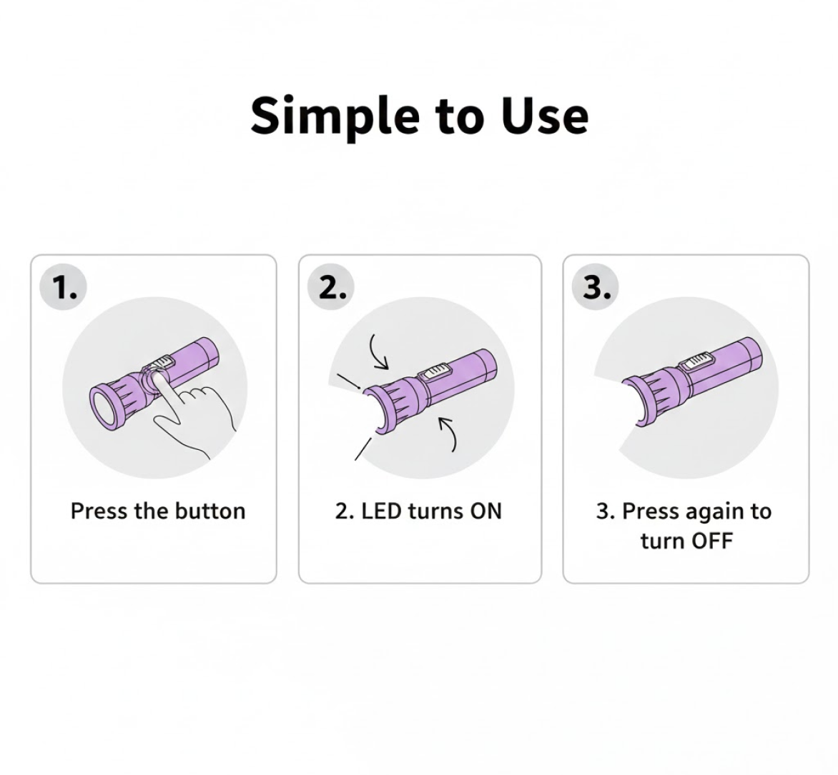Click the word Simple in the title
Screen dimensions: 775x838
pyautogui.click(x=334, y=116)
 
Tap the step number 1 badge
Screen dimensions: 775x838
pyautogui.click(x=63, y=288)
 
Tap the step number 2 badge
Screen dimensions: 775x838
pyautogui.click(x=331, y=288)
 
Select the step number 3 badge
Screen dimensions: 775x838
pyautogui.click(x=596, y=288)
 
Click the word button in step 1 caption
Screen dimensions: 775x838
pyautogui.click(x=210, y=511)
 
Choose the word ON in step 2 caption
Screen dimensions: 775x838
pyautogui.click(x=485, y=511)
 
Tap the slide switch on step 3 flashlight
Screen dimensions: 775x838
pyautogui.click(x=697, y=361)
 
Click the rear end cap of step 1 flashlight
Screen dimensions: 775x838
pyautogui.click(x=212, y=354)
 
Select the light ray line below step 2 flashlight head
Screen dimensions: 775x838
pyautogui.click(x=363, y=448)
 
